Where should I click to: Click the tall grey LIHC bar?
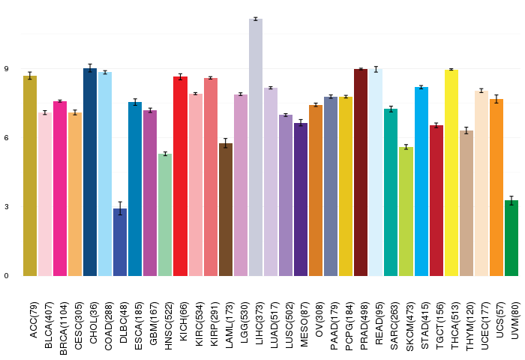(x=256, y=147)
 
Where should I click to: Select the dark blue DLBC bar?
(x=120, y=242)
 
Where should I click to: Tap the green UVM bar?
(x=511, y=238)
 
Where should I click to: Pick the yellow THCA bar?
(x=451, y=172)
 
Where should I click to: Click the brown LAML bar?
(x=226, y=210)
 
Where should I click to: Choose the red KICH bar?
(x=181, y=176)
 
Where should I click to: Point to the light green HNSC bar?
(x=165, y=215)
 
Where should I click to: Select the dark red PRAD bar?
(x=361, y=172)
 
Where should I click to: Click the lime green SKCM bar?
(x=406, y=211)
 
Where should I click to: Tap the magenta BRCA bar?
(x=60, y=188)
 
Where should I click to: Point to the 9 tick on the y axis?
(x=6, y=69)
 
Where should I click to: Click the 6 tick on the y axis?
(x=6, y=138)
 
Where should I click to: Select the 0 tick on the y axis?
(x=6, y=276)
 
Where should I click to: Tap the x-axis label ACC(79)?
(x=34, y=319)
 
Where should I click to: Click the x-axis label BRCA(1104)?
(x=64, y=328)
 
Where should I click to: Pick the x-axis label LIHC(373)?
(x=259, y=324)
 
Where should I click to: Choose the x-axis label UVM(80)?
(x=515, y=320)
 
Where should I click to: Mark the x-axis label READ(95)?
(x=379, y=323)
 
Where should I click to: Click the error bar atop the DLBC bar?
(x=120, y=208)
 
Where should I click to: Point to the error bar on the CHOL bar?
(x=90, y=68)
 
